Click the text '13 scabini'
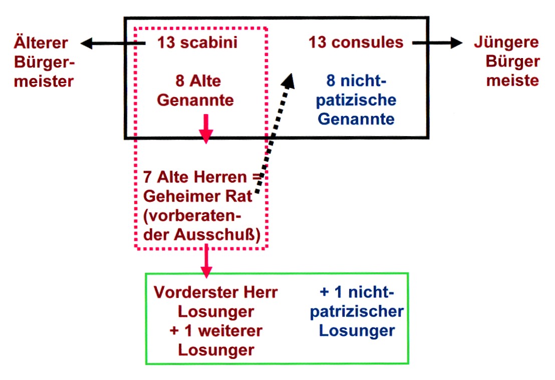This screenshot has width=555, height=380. click(197, 43)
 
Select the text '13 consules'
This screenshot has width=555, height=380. click(356, 43)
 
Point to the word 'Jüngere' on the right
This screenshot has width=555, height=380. click(506, 43)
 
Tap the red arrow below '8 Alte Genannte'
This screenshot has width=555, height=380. click(206, 128)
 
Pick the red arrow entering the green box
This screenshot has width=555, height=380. click(206, 262)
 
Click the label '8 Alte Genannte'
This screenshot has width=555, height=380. click(196, 91)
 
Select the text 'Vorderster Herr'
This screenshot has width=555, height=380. click(215, 292)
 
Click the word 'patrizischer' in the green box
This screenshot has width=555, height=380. click(357, 311)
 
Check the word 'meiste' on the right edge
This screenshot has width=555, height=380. click(512, 81)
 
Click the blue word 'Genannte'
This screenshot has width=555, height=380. click(357, 119)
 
